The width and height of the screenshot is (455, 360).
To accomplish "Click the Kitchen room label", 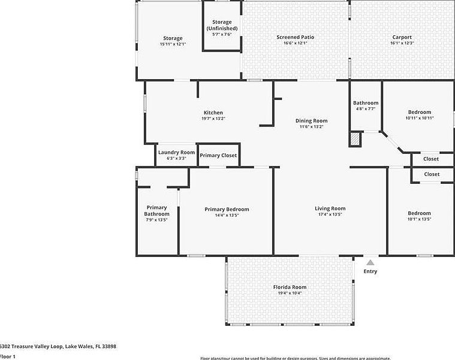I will click(213, 113).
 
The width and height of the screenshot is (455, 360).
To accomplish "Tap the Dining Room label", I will click(311, 121).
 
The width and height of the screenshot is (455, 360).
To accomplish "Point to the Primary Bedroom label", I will click(227, 209).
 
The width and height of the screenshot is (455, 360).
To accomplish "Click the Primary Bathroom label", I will click(156, 211).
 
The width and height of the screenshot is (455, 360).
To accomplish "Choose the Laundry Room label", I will click(176, 152).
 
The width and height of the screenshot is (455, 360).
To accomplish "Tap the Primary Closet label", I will click(218, 156).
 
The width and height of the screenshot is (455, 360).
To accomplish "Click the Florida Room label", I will click(290, 287).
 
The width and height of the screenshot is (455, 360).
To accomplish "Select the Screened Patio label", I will click(295, 37).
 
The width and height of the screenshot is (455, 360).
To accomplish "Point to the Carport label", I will click(402, 37).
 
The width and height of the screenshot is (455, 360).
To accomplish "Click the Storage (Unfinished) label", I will click(222, 25).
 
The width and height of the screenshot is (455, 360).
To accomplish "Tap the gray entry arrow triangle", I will click(371, 262).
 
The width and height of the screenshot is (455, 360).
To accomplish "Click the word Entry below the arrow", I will click(370, 271).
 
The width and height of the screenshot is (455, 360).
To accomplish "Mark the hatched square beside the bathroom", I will click(355, 139).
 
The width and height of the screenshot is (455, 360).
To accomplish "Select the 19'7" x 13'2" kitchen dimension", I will click(213, 119).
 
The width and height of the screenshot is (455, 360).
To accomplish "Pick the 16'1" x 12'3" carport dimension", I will click(402, 43).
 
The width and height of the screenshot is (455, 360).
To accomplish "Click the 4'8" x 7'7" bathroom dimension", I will click(365, 109).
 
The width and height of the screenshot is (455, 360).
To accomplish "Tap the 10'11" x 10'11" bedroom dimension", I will click(419, 118).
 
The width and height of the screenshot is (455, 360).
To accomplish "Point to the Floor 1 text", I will click(7, 356).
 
